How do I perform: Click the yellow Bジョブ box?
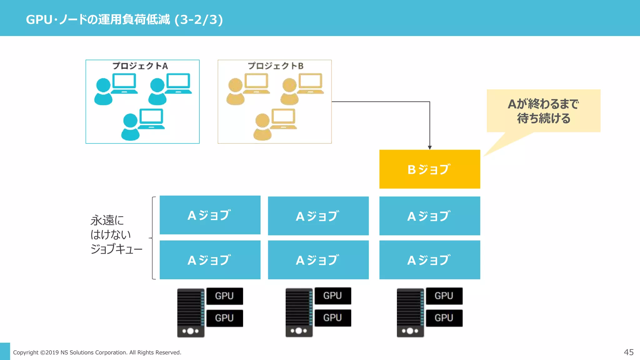pyautogui.click(x=429, y=169)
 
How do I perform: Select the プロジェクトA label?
pyautogui.click(x=140, y=66)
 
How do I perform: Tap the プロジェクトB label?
pyautogui.click(x=275, y=66)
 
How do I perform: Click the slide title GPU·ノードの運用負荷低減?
pyautogui.click(x=124, y=19)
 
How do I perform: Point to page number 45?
pyautogui.click(x=628, y=352)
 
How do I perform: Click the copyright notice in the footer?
pyautogui.click(x=97, y=352)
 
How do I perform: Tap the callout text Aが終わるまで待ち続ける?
pyautogui.click(x=543, y=111)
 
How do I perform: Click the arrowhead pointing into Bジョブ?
pyautogui.click(x=430, y=147)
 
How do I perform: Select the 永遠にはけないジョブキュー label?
pyautogui.click(x=116, y=234)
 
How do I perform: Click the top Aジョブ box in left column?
pyautogui.click(x=210, y=215)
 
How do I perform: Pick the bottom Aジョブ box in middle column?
pyautogui.click(x=318, y=260)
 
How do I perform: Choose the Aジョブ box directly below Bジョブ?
pyautogui.click(x=429, y=216)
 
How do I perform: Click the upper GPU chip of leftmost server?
pyautogui.click(x=224, y=296)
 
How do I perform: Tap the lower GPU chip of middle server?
pyautogui.click(x=332, y=318)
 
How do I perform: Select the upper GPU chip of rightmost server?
pyautogui.click(x=444, y=296)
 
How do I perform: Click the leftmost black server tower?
pyautogui.click(x=191, y=312)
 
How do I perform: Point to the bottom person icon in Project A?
pyautogui.click(x=130, y=127)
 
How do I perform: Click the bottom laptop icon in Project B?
pyautogui.click(x=283, y=119)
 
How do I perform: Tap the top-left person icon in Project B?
pyautogui.click(x=235, y=92)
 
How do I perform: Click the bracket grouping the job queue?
pyautogui.click(x=153, y=238)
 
